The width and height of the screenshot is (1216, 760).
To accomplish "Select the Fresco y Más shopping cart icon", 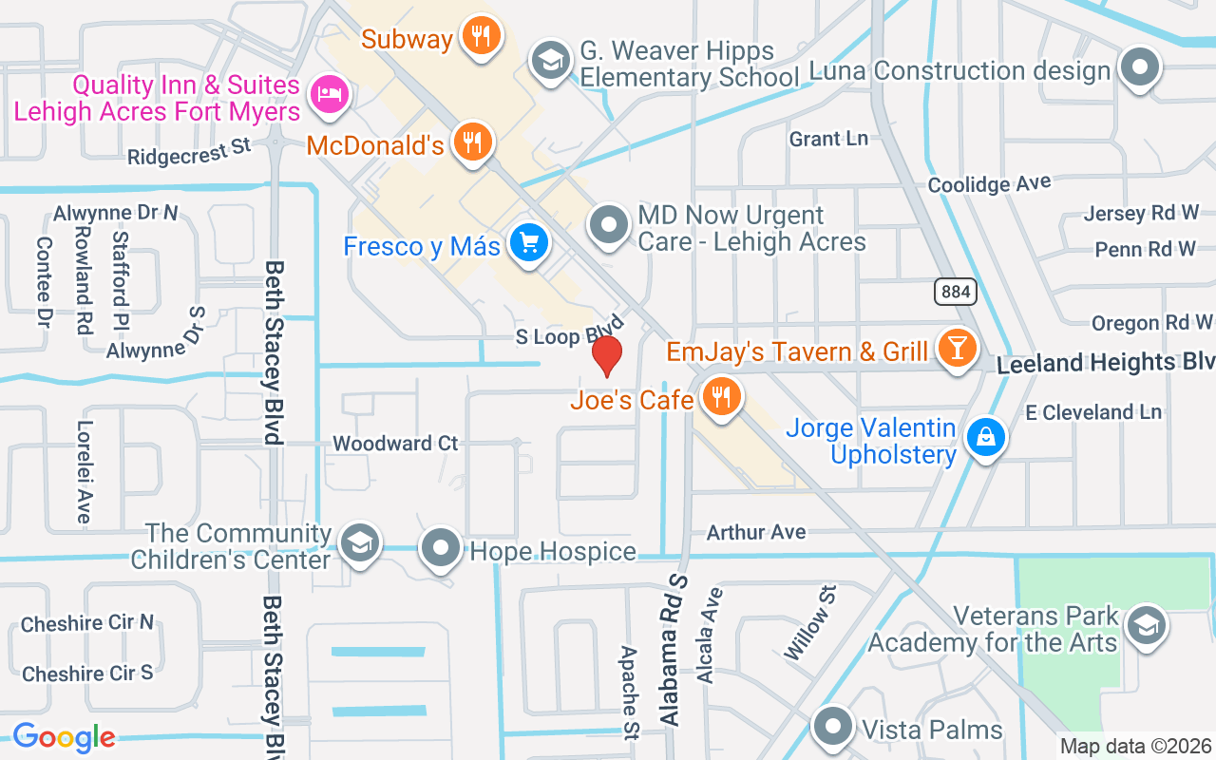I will (x=529, y=243).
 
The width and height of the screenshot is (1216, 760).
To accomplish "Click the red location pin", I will (x=607, y=355).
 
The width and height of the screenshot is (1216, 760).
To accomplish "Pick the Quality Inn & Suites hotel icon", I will (x=330, y=93).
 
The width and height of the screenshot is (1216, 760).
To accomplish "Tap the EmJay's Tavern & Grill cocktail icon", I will (x=957, y=349).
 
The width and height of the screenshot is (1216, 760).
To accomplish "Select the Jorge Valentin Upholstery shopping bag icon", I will (x=986, y=437).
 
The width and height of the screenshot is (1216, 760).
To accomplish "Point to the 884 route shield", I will (x=955, y=292).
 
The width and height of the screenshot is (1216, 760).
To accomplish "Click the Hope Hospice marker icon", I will (x=441, y=548).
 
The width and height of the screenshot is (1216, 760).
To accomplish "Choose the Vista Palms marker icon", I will (x=834, y=728).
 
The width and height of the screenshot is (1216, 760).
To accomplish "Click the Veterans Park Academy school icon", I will (x=1146, y=625).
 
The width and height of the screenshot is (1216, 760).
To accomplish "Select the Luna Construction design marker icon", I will (x=1140, y=68).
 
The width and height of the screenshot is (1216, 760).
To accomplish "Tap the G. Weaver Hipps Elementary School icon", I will (x=549, y=60).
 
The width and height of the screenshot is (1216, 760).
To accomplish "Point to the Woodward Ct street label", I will (x=395, y=444).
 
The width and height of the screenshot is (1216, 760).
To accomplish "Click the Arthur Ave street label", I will (x=756, y=532).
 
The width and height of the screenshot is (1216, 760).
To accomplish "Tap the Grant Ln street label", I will (x=828, y=139).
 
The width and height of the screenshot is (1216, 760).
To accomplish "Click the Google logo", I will (x=64, y=737).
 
